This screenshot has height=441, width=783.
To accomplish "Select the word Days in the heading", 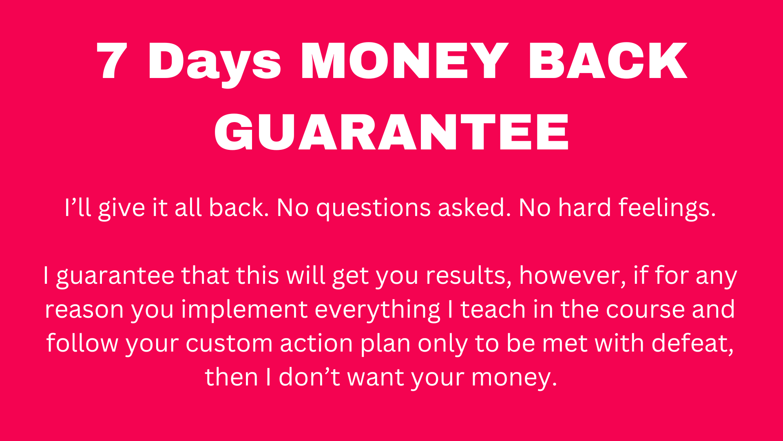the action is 214,64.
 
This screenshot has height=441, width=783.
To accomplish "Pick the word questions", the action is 373,208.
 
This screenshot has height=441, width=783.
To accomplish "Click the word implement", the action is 244,310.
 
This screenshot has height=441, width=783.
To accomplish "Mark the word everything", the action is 378,310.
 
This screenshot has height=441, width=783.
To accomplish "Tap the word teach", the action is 493,309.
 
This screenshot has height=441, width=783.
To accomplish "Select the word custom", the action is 229,344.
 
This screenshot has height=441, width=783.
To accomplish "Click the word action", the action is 316,344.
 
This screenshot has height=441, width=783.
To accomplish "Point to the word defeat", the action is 692,344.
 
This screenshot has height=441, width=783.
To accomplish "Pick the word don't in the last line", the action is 309,377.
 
